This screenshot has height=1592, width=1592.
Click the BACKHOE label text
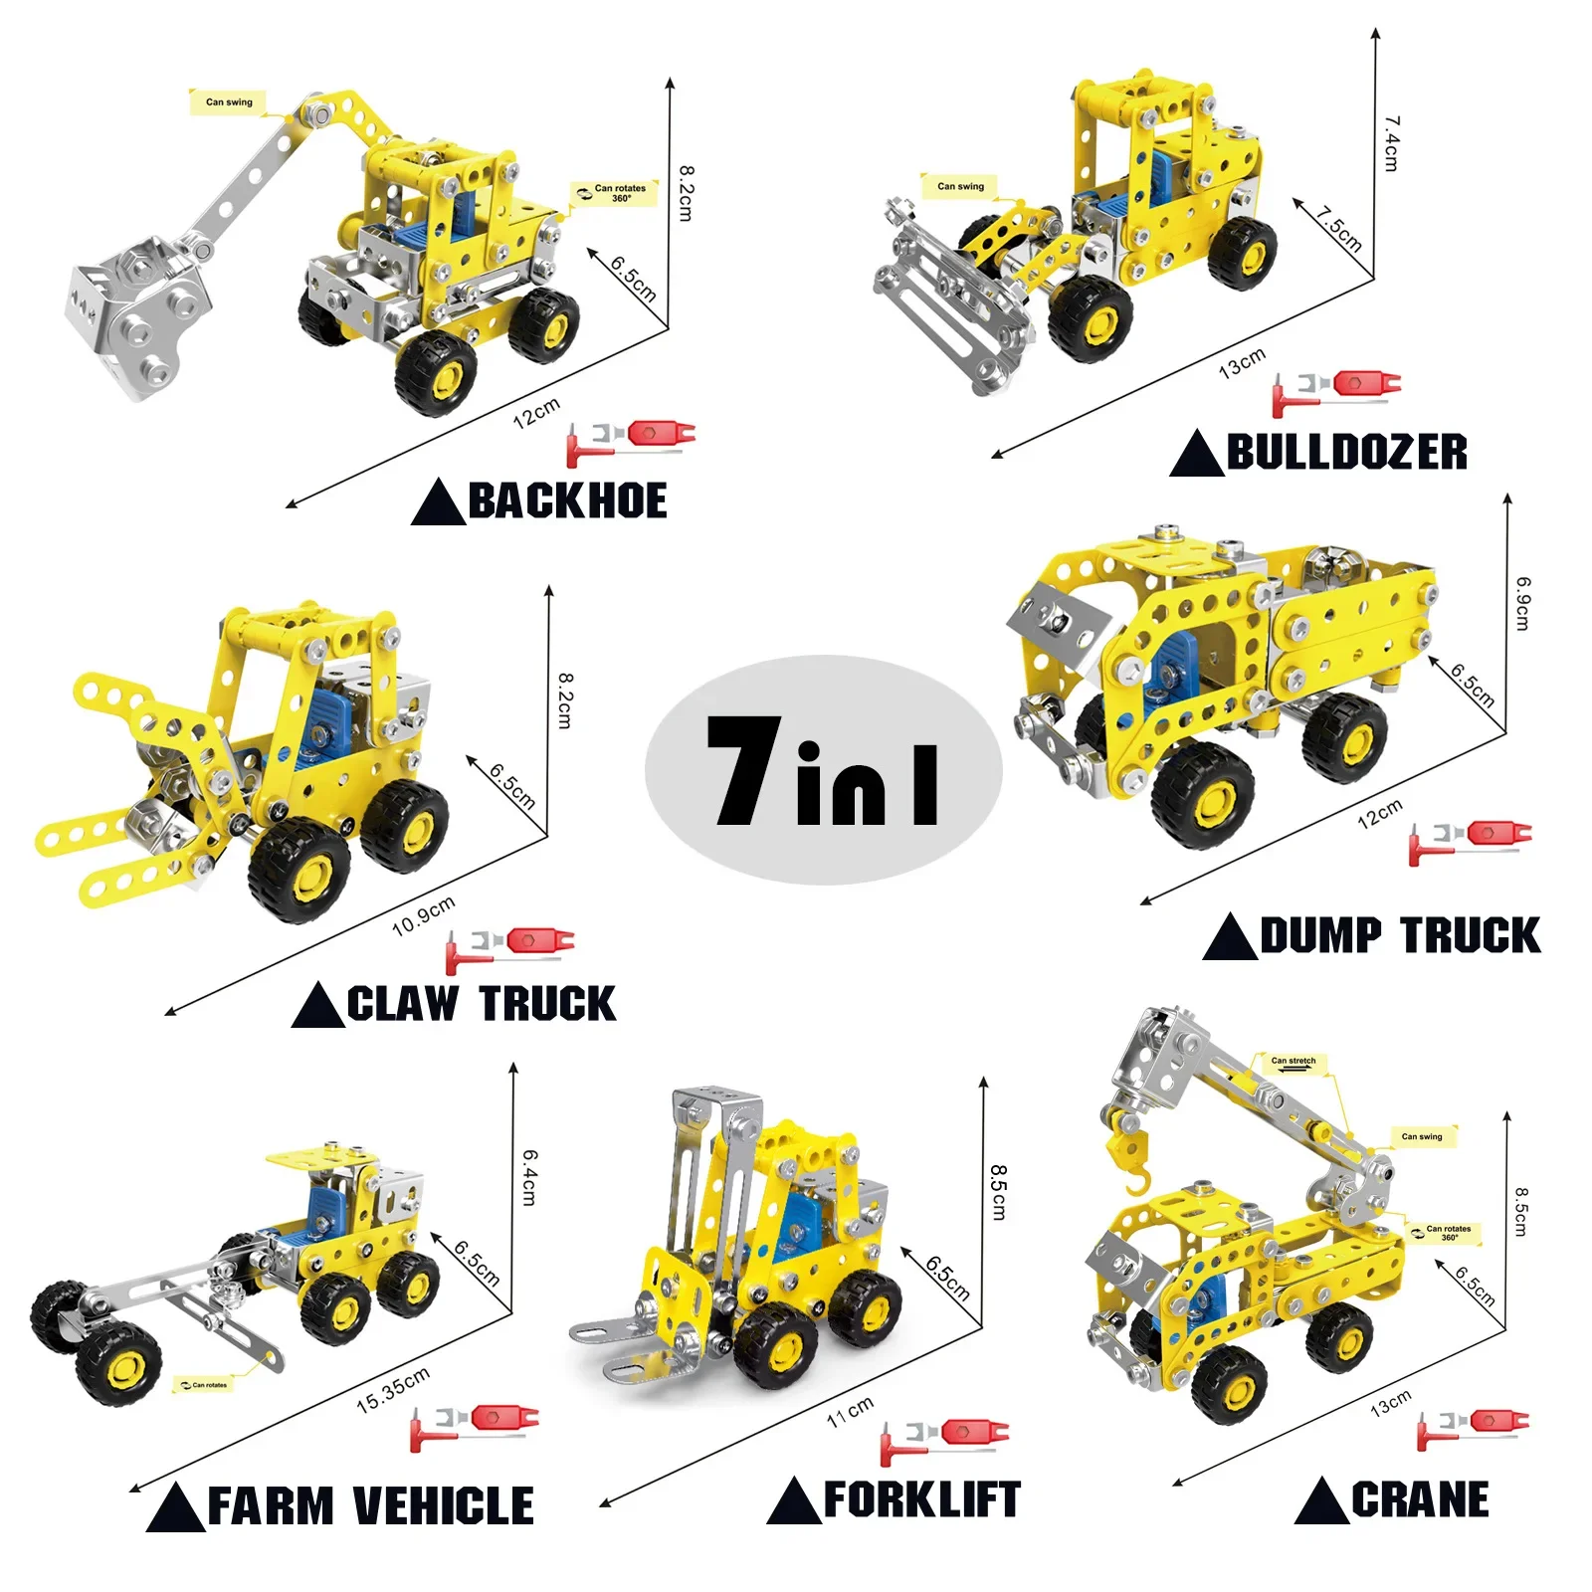[567, 500]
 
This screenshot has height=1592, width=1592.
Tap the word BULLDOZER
[1346, 452]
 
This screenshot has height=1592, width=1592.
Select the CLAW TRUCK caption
[482, 1003]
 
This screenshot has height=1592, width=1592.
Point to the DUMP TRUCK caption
[1400, 935]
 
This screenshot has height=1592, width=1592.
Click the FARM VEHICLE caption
[370, 1505]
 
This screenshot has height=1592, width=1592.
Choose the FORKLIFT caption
[921, 1499]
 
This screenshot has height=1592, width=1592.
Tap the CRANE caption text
[1420, 1499]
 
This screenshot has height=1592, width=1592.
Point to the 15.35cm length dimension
[393, 1390]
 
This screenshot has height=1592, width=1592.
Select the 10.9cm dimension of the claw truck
[423, 915]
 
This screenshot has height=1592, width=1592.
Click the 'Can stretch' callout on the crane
[1293, 1062]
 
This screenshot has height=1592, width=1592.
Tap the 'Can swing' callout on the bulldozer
[960, 186]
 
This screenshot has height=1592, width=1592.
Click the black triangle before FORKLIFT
[794, 1503]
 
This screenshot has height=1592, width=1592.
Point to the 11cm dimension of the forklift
[850, 1411]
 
